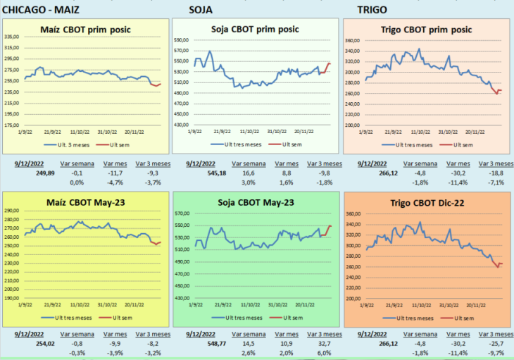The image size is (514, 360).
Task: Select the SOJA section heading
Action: [x=201, y=9]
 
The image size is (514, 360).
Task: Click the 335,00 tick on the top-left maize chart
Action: [x=11, y=37]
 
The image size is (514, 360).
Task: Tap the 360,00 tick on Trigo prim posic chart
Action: [x=352, y=40]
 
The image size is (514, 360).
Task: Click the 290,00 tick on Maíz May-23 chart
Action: [x=11, y=211]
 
